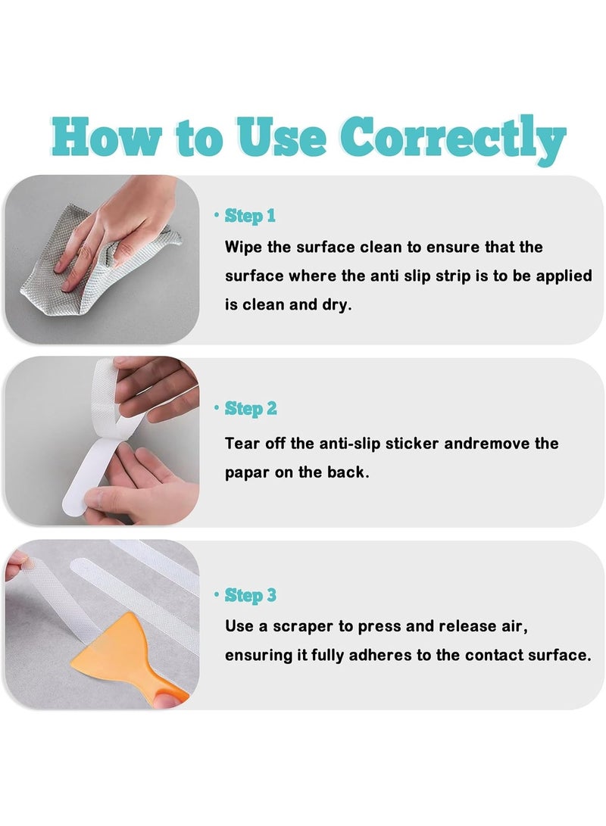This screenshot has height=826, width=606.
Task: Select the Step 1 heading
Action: pyautogui.click(x=250, y=216)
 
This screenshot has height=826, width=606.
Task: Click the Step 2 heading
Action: pyautogui.click(x=251, y=409)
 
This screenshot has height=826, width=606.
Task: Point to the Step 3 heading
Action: pyautogui.click(x=251, y=596)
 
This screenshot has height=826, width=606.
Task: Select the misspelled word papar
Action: pyautogui.click(x=247, y=472)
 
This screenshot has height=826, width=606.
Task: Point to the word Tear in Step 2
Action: pyautogui.click(x=242, y=444)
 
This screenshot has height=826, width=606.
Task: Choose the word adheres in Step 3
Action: pyautogui.click(x=360, y=655)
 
